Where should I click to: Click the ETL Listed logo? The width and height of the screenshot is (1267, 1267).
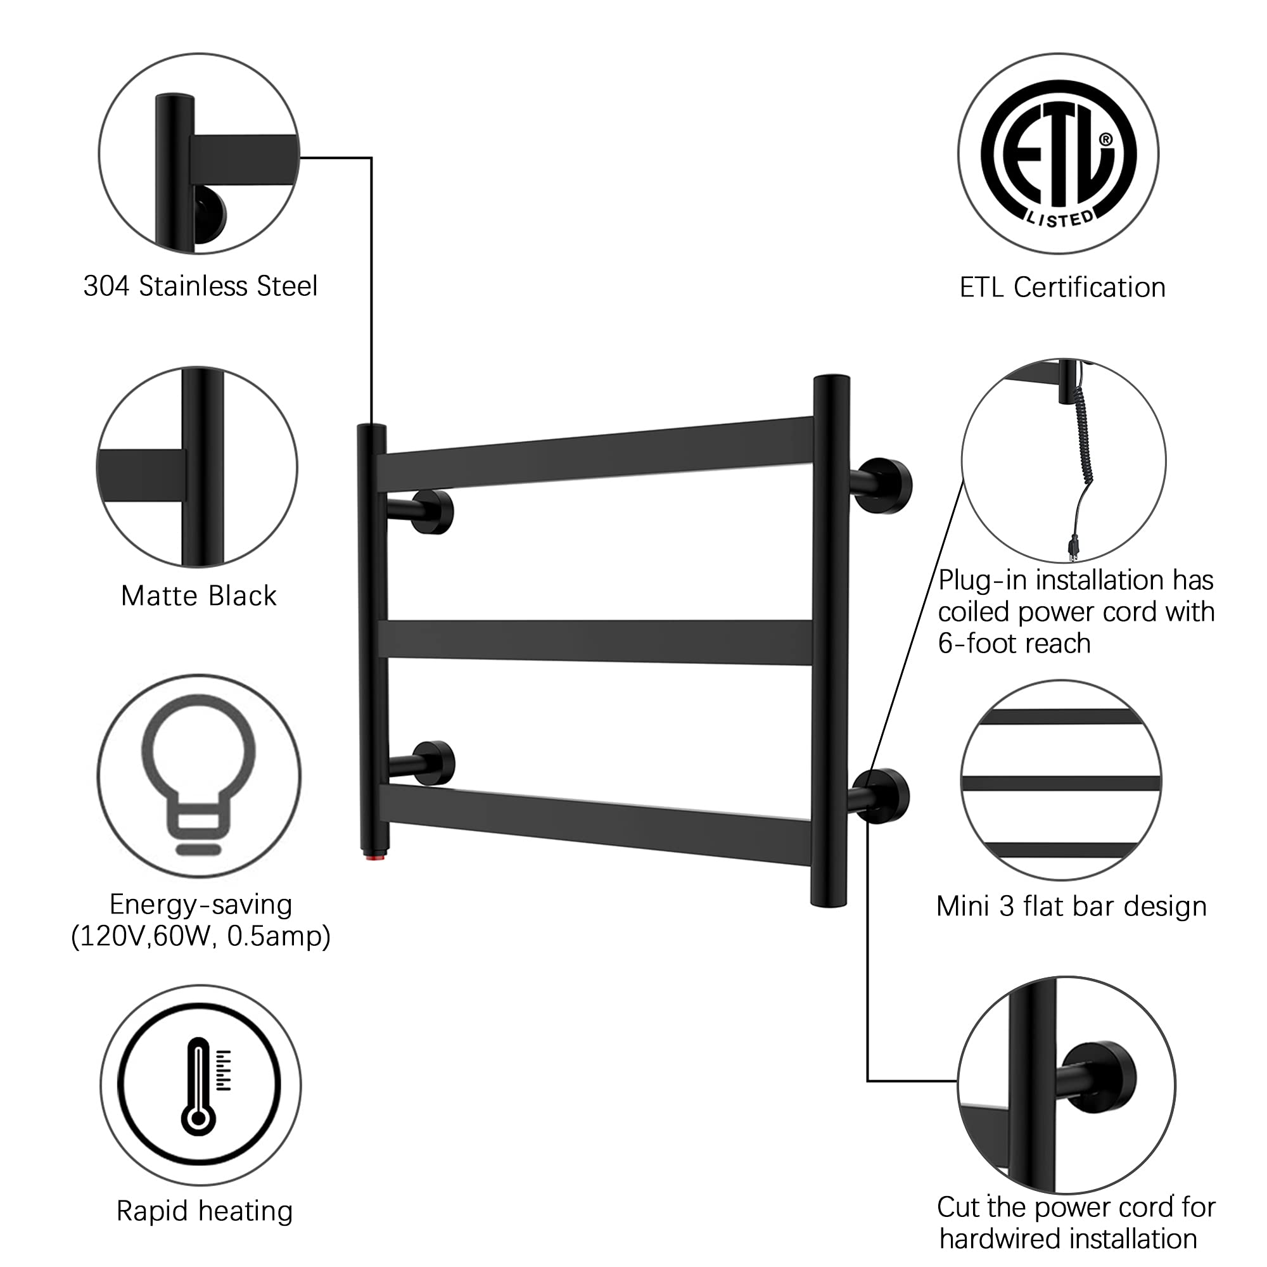coord(1058,153)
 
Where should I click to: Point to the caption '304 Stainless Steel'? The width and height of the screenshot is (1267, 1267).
coord(201,286)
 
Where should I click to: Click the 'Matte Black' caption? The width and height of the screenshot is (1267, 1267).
coord(199,595)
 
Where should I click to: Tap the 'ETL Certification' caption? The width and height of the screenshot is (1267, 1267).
coord(1062,287)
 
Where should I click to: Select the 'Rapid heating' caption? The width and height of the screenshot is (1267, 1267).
coord(204,1212)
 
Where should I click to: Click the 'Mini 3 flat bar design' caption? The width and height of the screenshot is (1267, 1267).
coord(1072,907)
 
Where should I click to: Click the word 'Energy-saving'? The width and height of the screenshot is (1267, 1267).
coord(201,905)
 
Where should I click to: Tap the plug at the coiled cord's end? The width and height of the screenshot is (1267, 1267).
coord(1074,545)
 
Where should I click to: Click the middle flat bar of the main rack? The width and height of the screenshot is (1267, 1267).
coord(595,641)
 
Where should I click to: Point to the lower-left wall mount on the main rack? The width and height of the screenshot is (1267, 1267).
coord(423,763)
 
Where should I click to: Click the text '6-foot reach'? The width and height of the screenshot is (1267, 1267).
coord(1014,644)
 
